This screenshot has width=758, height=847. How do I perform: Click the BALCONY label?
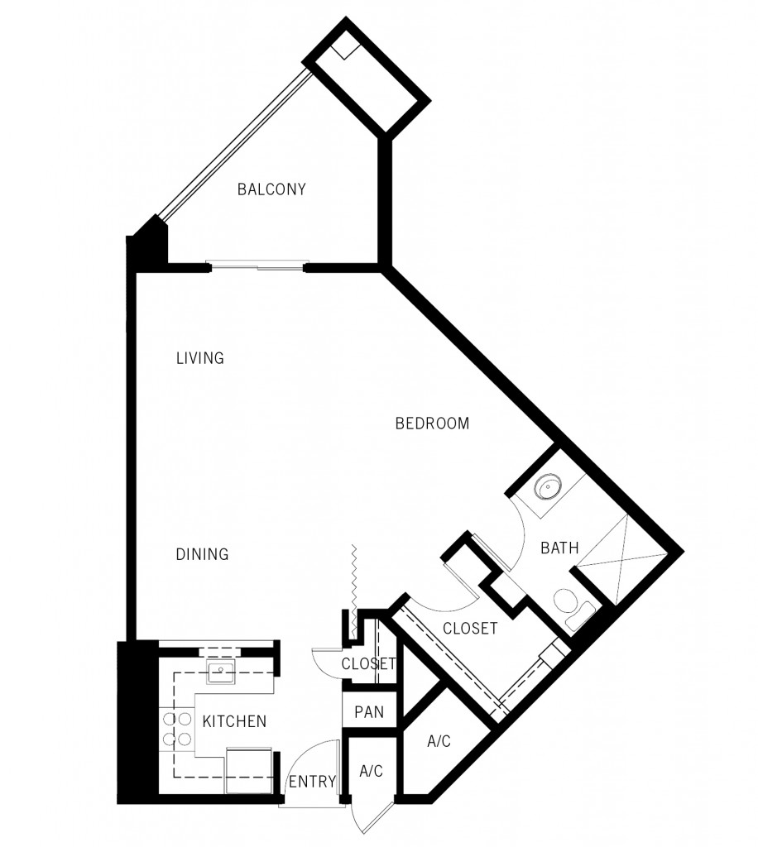(x=271, y=189)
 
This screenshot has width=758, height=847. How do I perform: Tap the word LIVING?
(x=200, y=358)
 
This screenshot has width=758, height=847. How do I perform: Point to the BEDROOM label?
(x=432, y=423)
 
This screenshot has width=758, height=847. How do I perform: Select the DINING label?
(x=202, y=554)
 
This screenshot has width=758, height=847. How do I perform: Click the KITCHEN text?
(x=234, y=721)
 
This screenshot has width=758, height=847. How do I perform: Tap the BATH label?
(x=559, y=547)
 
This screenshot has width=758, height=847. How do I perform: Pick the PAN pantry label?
(x=368, y=711)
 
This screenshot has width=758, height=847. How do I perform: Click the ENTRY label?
(x=311, y=782)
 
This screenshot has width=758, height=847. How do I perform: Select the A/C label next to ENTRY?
(x=372, y=771)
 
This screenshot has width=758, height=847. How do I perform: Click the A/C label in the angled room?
(x=439, y=741)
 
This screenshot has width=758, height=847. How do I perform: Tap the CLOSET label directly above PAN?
(x=367, y=663)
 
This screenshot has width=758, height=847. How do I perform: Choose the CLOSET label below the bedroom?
(x=470, y=629)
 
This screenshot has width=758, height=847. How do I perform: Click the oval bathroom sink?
(x=547, y=487)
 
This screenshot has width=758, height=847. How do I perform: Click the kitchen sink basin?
(x=221, y=671)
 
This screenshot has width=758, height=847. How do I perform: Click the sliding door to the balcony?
(x=257, y=266)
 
